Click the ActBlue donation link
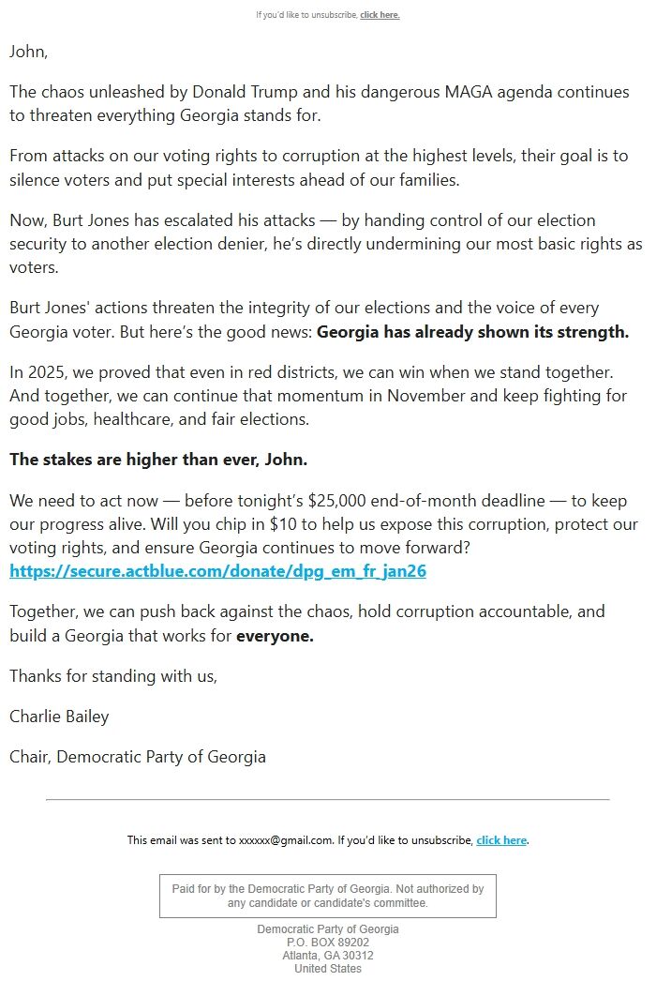coord(217,570)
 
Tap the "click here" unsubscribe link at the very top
coord(380,15)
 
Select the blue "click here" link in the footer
coord(501,840)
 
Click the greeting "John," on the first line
coord(28,52)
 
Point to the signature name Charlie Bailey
coord(59,716)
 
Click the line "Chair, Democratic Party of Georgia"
coord(138,756)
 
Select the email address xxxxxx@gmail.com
coord(286,840)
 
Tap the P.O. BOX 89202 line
coord(328,943)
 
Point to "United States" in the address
coord(328,969)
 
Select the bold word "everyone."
coord(275,635)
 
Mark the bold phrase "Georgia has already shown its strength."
coord(473,331)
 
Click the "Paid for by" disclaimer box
coord(328,896)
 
